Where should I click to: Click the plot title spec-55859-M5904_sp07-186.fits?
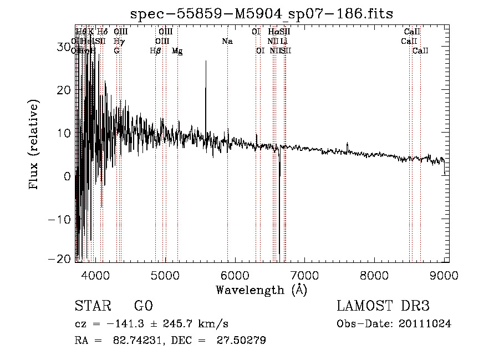click(261, 13)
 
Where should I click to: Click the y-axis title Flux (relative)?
click(34, 145)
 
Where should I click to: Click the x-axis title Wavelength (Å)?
click(261, 289)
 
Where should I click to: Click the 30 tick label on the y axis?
click(63, 47)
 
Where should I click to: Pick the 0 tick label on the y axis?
click(67, 176)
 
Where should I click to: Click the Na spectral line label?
click(227, 42)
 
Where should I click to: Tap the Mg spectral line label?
click(177, 51)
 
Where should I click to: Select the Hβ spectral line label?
click(156, 51)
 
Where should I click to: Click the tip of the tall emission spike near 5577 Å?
click(206, 61)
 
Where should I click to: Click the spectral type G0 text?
click(142, 307)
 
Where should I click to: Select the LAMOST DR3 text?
click(383, 307)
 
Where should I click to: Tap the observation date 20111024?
click(426, 324)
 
